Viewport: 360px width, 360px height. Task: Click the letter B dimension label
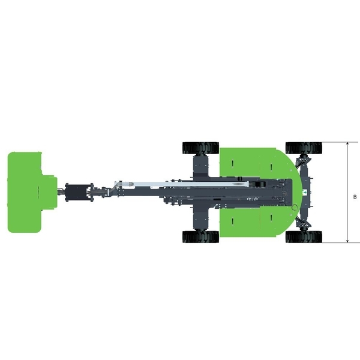click(x=355, y=197)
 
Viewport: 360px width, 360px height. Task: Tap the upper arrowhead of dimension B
click(x=347, y=144)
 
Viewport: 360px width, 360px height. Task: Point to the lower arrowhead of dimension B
click(x=347, y=241)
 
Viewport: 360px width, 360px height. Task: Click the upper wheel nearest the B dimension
click(x=304, y=148)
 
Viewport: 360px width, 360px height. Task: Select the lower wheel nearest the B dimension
click(x=304, y=237)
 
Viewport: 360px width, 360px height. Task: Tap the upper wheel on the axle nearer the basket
click(x=200, y=148)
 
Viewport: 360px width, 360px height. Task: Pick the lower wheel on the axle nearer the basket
click(x=200, y=237)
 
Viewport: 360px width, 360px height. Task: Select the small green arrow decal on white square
click(x=305, y=192)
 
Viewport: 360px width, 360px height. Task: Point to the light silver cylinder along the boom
click(x=184, y=184)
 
